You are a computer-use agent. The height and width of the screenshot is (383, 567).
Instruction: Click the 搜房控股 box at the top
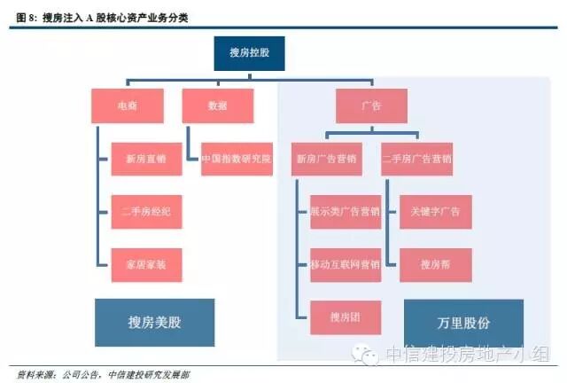click(x=249, y=53)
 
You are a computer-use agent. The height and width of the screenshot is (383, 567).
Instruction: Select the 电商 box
click(x=128, y=106)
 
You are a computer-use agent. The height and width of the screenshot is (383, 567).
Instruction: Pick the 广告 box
click(x=371, y=106)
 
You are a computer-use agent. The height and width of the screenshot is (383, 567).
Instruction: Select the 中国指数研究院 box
click(x=236, y=159)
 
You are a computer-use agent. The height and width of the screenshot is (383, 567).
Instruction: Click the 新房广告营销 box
click(x=325, y=159)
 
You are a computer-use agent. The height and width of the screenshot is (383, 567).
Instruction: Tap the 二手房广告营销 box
click(x=417, y=159)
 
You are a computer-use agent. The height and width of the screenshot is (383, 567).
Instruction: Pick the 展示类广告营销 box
click(x=345, y=212)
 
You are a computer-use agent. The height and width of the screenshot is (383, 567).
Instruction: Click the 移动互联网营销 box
click(x=345, y=264)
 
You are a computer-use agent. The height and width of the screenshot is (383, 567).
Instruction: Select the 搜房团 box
click(x=345, y=317)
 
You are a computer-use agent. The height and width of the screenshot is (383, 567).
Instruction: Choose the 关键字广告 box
click(x=435, y=212)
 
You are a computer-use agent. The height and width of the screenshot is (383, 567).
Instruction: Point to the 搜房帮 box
click(x=435, y=264)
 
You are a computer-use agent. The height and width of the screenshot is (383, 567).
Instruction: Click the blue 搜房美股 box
click(x=154, y=322)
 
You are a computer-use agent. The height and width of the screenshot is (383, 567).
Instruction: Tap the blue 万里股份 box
click(x=463, y=322)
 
